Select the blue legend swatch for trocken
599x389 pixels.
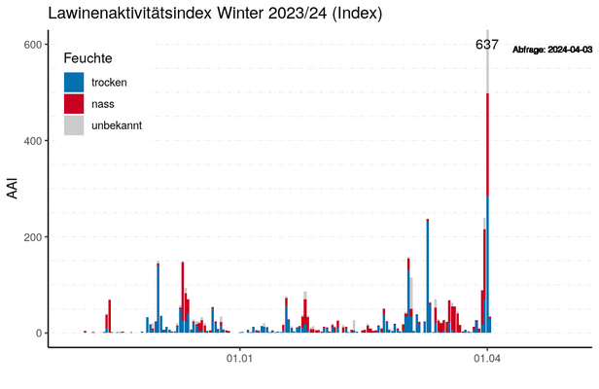point(73,82)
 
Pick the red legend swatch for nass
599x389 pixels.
point(73,103)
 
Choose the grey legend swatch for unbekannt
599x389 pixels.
point(73,124)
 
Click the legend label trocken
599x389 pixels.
point(109,82)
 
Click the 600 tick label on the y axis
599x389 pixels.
point(32,45)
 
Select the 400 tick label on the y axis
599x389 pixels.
point(32,141)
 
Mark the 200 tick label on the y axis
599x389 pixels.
point(32,237)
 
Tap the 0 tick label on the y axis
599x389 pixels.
point(39,334)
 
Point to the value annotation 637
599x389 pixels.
point(486,45)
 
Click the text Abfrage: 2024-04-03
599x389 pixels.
point(552,48)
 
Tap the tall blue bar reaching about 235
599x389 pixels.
point(428,282)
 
